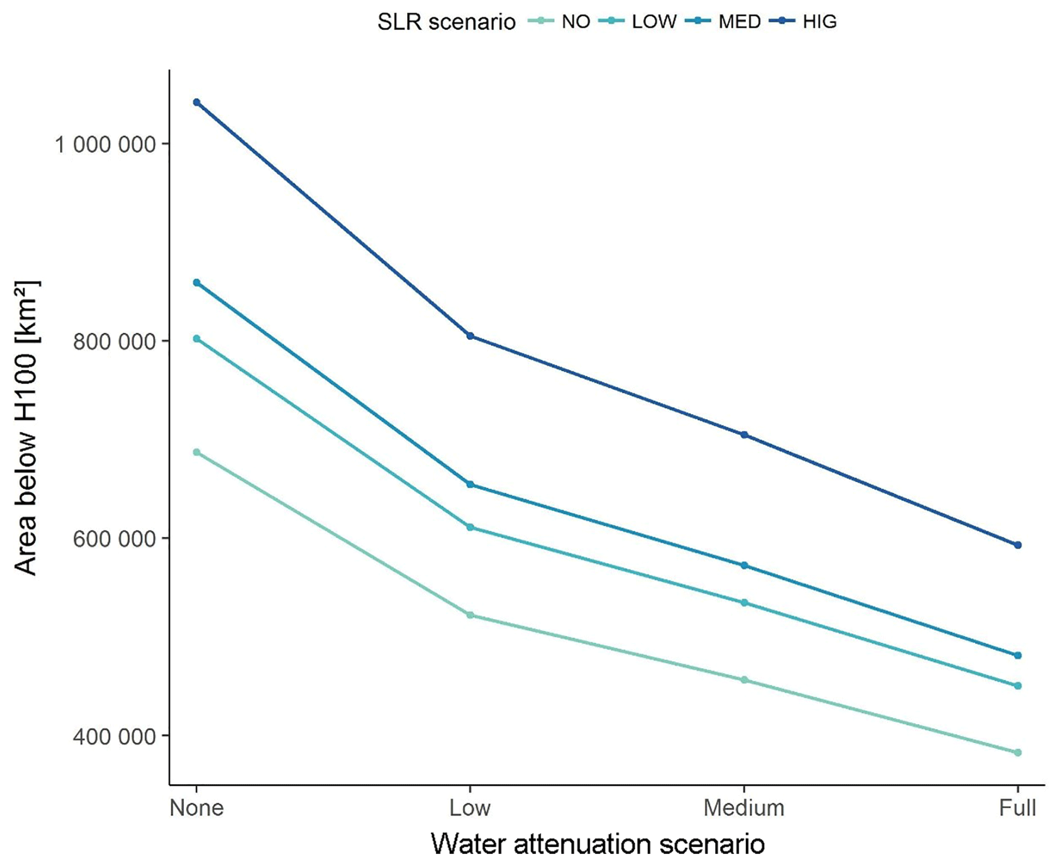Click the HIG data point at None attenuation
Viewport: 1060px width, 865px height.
196,103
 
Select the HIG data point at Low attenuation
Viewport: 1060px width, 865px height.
470,336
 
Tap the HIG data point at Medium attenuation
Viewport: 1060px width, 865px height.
745,435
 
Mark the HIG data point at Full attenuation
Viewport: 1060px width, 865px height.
1018,545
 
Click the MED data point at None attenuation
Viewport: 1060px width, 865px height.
196,283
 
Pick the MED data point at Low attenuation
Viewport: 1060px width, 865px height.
470,485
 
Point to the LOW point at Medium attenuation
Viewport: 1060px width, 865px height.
745,602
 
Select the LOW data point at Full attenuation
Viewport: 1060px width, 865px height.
1018,686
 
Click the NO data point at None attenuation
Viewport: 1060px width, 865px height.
196,452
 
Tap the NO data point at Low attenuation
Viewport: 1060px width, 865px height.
470,615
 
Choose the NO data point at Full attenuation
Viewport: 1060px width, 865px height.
1018,753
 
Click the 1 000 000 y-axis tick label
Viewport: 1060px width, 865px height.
105,145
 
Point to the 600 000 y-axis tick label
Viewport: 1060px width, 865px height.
114,539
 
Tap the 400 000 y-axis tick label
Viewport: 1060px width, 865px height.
114,736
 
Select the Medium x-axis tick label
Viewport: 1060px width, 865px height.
744,808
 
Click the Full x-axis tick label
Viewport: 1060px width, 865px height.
1017,808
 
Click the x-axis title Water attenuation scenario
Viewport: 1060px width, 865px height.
598,843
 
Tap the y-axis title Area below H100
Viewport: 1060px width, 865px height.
26,428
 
